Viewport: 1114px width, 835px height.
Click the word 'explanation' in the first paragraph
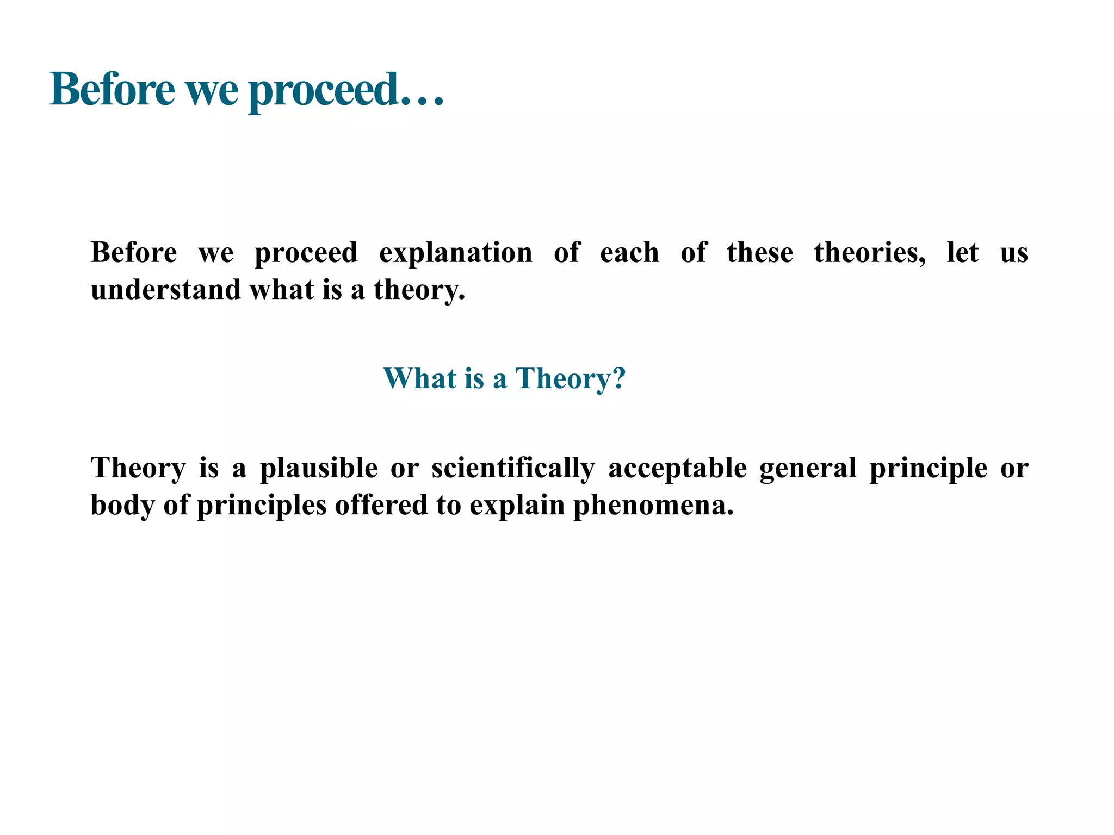455,253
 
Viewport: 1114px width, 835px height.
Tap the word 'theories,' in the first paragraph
869,253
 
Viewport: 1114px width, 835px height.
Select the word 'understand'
165,289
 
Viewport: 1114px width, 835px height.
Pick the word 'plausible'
318,468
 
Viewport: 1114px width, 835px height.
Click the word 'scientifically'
513,468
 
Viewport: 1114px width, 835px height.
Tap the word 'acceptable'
677,468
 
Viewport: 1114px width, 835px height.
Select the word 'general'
808,468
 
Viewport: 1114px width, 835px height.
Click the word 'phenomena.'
653,505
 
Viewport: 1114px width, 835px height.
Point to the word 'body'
122,505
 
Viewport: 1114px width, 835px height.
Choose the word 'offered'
381,505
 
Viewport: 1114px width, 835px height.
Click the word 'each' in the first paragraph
629,253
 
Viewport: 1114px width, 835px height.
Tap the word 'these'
759,253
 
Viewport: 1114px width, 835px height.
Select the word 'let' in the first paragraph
962,253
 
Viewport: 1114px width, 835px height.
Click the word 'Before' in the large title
112,90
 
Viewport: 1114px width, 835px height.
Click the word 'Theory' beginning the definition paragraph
138,468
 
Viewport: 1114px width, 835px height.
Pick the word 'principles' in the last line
261,505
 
